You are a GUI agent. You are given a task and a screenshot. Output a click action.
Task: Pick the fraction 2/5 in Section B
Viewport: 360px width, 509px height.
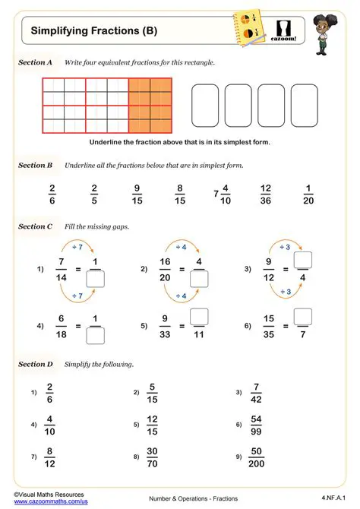click(x=94, y=194)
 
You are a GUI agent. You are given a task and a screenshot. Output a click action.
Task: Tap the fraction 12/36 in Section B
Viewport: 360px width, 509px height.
click(x=266, y=194)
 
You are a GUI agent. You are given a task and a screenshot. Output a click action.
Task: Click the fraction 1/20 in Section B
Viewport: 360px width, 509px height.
click(x=308, y=194)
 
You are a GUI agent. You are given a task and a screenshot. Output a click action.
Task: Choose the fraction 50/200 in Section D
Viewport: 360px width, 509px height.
click(x=257, y=457)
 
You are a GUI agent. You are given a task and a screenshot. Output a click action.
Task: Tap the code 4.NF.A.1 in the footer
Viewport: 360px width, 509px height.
click(x=332, y=496)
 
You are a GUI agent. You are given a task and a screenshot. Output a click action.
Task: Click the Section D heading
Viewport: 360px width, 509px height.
click(x=35, y=364)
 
